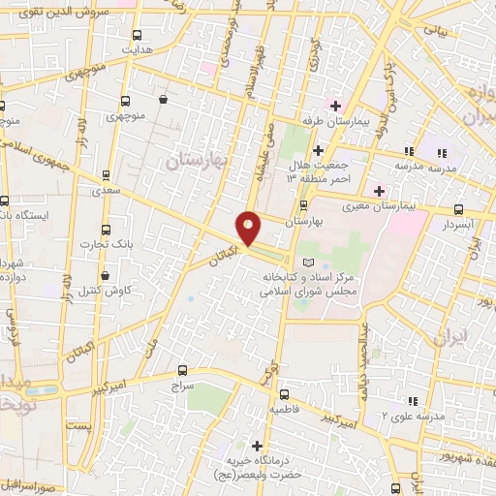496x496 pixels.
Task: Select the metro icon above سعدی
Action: pyautogui.click(x=106, y=176)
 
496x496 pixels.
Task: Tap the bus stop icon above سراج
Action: pyautogui.click(x=183, y=370)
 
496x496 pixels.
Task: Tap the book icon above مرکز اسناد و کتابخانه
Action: pyautogui.click(x=308, y=263)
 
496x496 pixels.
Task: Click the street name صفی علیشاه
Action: pyautogui.click(x=265, y=150)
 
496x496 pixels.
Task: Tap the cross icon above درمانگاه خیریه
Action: pyautogui.click(x=256, y=446)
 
